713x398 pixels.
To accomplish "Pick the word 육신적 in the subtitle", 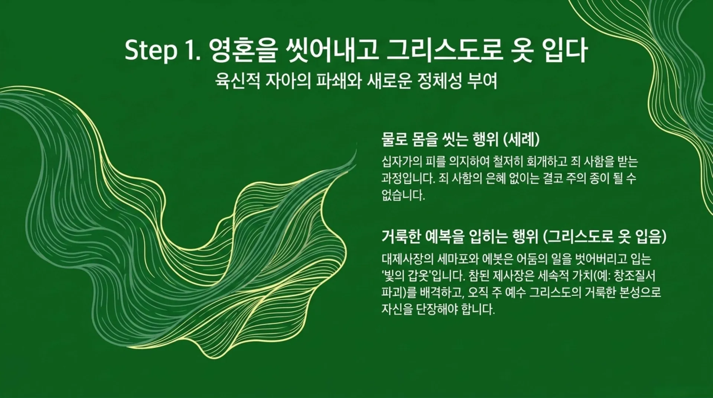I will point(238,81).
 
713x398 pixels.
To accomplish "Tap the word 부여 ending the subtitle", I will point(484,81).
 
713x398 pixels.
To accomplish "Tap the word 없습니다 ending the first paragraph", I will point(403,195).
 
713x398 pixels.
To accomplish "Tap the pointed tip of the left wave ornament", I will point(355,151).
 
